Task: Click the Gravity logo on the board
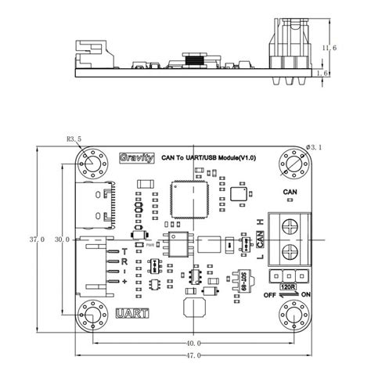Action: click(x=126, y=157)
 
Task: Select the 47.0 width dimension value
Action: click(x=193, y=355)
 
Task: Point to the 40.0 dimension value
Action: click(x=193, y=343)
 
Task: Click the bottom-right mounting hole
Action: click(x=294, y=315)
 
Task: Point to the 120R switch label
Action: click(x=286, y=288)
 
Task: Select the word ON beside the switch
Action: click(x=306, y=296)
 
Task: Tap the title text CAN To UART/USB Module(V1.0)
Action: click(x=208, y=157)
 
